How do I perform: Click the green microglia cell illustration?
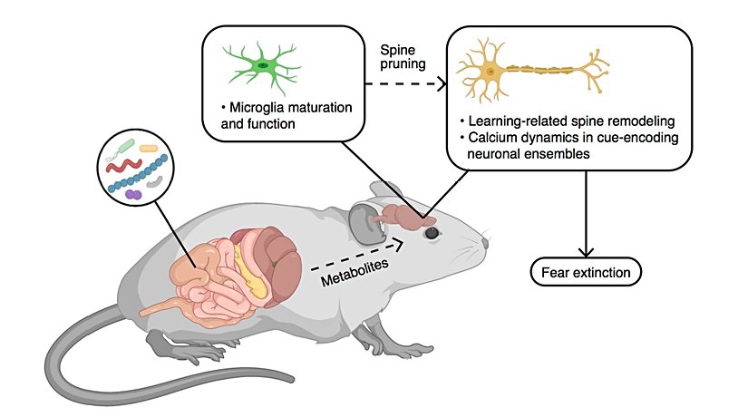(263, 65)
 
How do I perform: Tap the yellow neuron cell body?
(491, 70)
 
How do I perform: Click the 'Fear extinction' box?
(585, 270)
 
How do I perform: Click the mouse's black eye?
(432, 233)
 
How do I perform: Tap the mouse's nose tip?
(487, 243)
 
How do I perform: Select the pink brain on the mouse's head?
(406, 216)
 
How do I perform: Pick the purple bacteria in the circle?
(133, 193)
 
